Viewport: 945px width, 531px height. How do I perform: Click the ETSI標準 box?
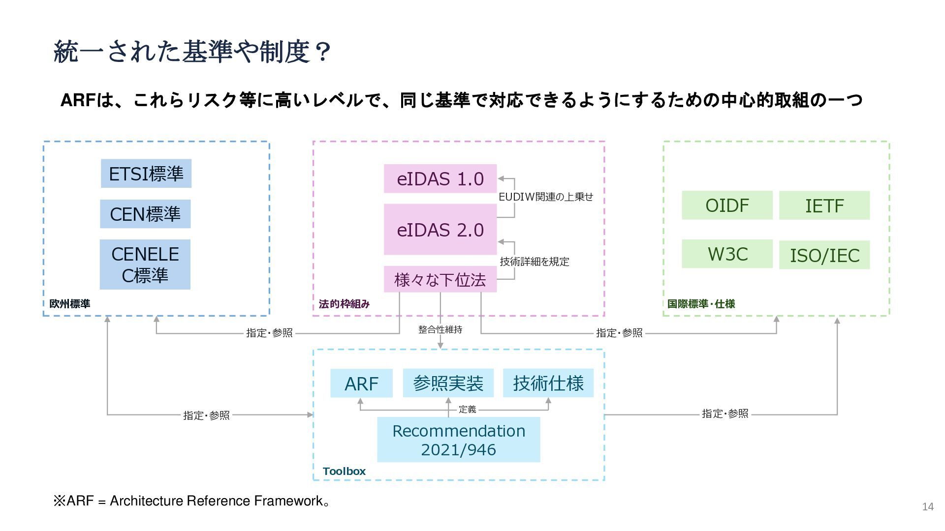coord(146,174)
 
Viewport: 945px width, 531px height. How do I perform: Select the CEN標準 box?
coord(145,214)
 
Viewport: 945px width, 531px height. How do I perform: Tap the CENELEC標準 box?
coord(145,265)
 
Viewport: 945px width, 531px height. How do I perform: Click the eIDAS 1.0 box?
coord(440,178)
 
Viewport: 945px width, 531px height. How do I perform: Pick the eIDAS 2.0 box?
coord(440,230)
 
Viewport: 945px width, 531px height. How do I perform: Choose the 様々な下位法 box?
coord(440,280)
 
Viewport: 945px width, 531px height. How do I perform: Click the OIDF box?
coord(727,205)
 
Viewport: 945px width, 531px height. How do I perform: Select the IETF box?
coord(824,206)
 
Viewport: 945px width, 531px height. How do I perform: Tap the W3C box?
coord(727,254)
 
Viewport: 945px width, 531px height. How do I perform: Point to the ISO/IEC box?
coord(824,255)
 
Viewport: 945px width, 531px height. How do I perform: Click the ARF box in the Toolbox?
coord(361,383)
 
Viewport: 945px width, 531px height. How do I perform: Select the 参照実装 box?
coord(448,383)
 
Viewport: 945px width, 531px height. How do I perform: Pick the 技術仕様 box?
coord(548,383)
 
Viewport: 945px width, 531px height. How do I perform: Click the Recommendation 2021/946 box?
coord(459,440)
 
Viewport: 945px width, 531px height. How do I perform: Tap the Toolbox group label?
coord(344,471)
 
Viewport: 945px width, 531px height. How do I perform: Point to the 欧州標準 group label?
coord(70,304)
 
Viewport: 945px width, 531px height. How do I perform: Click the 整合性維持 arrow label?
coord(441,329)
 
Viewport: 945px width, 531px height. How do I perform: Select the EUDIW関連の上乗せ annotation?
coord(546,197)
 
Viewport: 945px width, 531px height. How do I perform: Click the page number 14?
coord(928,506)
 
